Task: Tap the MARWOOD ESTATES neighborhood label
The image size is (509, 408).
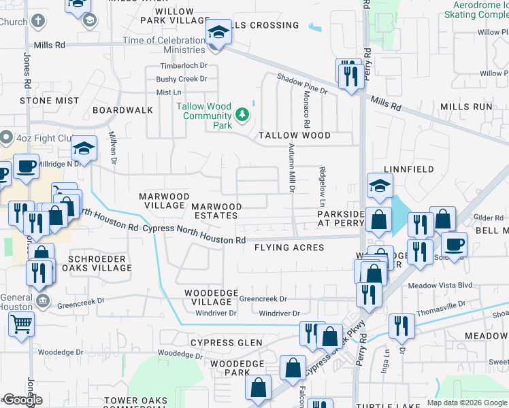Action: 216,211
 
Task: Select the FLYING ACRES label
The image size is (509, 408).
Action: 289,248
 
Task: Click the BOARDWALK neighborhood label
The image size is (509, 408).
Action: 123,109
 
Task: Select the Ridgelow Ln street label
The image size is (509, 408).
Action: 323,186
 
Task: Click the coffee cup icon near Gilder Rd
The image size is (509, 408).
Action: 454,243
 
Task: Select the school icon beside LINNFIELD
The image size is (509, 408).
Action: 380,184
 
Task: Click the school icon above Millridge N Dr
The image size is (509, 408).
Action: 84,148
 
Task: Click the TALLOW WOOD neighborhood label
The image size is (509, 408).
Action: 294,135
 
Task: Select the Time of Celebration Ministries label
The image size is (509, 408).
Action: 164,45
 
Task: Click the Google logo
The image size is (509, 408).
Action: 22,400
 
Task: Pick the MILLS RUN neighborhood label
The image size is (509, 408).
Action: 466,107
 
